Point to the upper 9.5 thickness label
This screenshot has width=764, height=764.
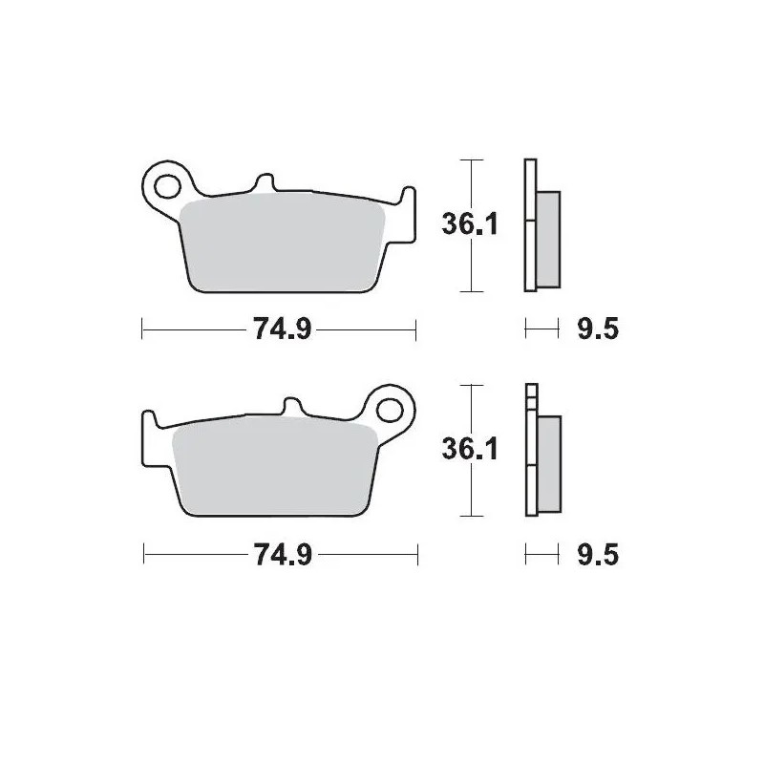tap(598, 330)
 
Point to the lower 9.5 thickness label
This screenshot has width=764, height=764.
tap(598, 556)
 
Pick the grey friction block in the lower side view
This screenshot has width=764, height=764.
tap(550, 464)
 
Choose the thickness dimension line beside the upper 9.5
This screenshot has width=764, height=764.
tap(541, 330)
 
